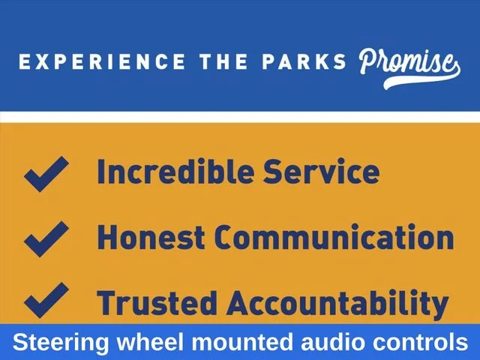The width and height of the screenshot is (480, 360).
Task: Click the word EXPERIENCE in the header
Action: click(x=102, y=61)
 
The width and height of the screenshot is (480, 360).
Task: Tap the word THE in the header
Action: click(x=223, y=61)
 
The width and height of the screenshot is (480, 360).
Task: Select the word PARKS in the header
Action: click(x=304, y=61)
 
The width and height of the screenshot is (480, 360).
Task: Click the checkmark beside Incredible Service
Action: click(x=46, y=174)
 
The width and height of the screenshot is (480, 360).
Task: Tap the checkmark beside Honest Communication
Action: click(x=46, y=239)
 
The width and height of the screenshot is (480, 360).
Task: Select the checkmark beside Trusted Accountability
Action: click(x=46, y=300)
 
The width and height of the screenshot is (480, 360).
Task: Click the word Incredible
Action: click(x=175, y=171)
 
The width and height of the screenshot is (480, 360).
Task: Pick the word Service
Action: click(x=322, y=171)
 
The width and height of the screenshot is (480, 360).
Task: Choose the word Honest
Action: click(x=151, y=237)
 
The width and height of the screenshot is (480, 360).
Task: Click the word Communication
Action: click(x=334, y=237)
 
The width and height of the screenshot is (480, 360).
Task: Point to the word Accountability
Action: click(x=337, y=303)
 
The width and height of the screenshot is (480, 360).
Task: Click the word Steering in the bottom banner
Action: click(x=61, y=343)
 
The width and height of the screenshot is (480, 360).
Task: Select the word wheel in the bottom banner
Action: click(x=150, y=342)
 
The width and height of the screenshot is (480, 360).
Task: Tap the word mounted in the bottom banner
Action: click(x=242, y=342)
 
